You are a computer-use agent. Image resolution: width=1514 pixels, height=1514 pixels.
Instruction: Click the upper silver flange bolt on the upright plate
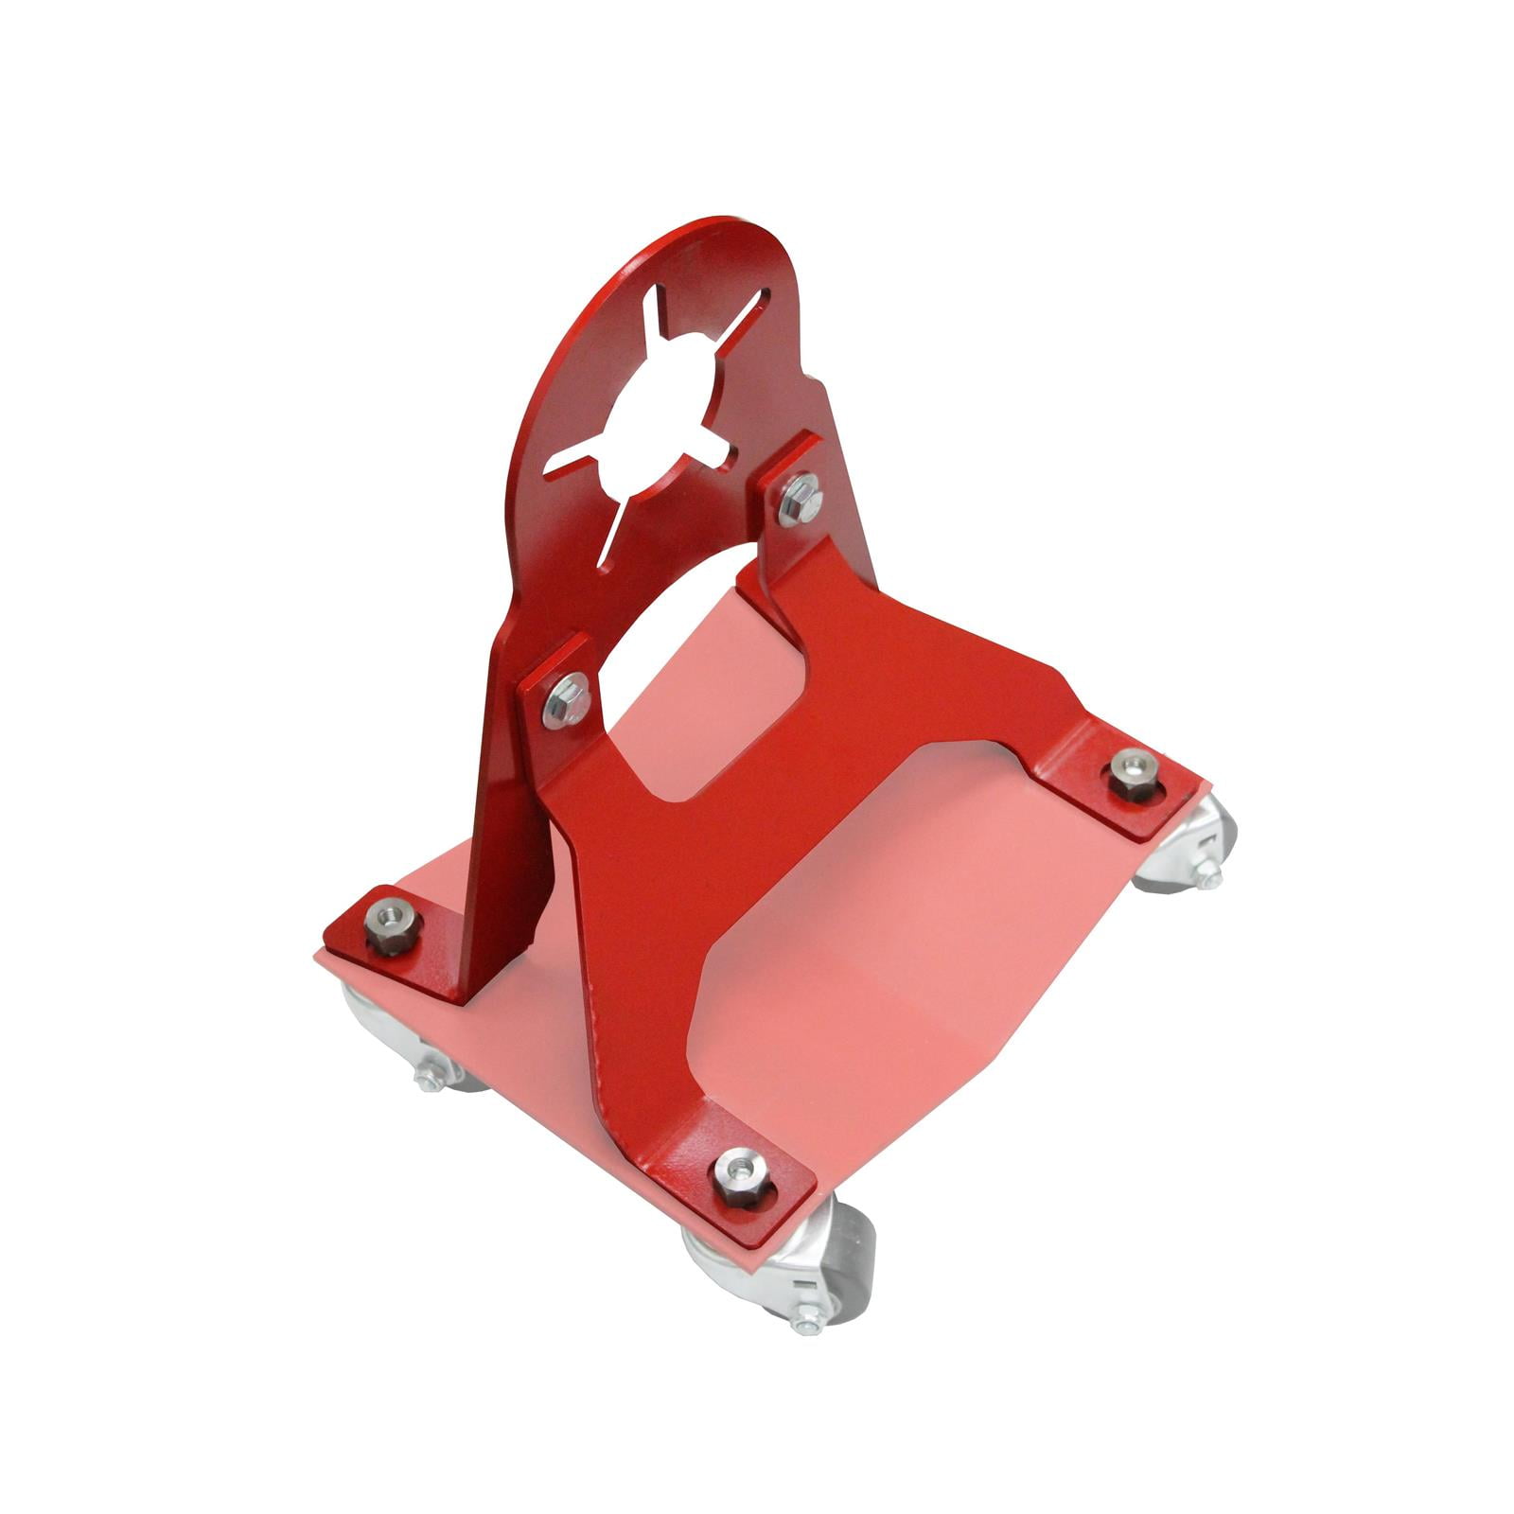[x=801, y=500]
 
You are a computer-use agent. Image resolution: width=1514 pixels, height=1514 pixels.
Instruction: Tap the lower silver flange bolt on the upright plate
[x=566, y=699]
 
